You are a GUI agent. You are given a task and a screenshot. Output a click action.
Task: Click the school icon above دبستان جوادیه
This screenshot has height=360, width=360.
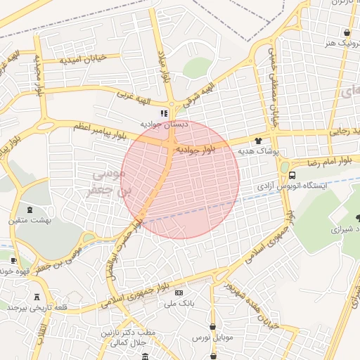coord(164,113)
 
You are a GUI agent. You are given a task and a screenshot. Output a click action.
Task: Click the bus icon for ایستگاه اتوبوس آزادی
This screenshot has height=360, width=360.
coord(292,176)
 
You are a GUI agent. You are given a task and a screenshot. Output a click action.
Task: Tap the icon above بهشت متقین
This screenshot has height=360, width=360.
coord(30,209)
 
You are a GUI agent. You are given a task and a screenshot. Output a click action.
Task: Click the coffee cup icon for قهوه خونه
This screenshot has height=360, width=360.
coord(13,261)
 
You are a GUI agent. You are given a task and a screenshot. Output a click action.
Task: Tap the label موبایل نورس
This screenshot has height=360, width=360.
coord(212,338)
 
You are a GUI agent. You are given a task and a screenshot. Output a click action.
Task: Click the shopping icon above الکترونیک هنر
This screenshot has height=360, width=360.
coord(346,33)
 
